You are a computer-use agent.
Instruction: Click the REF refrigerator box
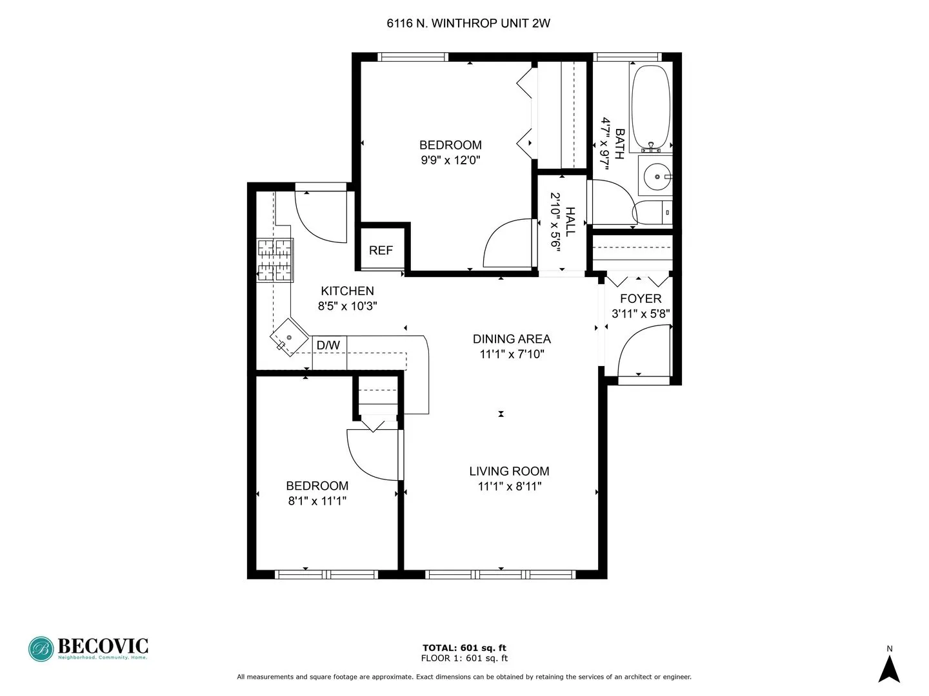point(381,250)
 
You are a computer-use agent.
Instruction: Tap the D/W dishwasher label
point(328,345)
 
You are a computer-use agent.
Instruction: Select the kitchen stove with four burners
point(275,260)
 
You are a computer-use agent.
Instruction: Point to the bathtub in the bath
point(650,106)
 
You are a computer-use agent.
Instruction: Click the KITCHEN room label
point(347,291)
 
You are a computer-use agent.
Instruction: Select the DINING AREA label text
point(512,339)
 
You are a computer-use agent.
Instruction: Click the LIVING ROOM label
point(509,472)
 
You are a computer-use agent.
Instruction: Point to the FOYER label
point(640,298)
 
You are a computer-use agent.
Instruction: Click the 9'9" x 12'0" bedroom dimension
point(451,160)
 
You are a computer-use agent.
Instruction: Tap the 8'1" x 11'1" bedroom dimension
point(317,501)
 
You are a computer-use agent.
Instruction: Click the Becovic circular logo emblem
point(42,649)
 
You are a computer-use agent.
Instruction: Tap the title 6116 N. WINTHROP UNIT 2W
point(468,24)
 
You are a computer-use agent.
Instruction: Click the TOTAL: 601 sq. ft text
point(464,648)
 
